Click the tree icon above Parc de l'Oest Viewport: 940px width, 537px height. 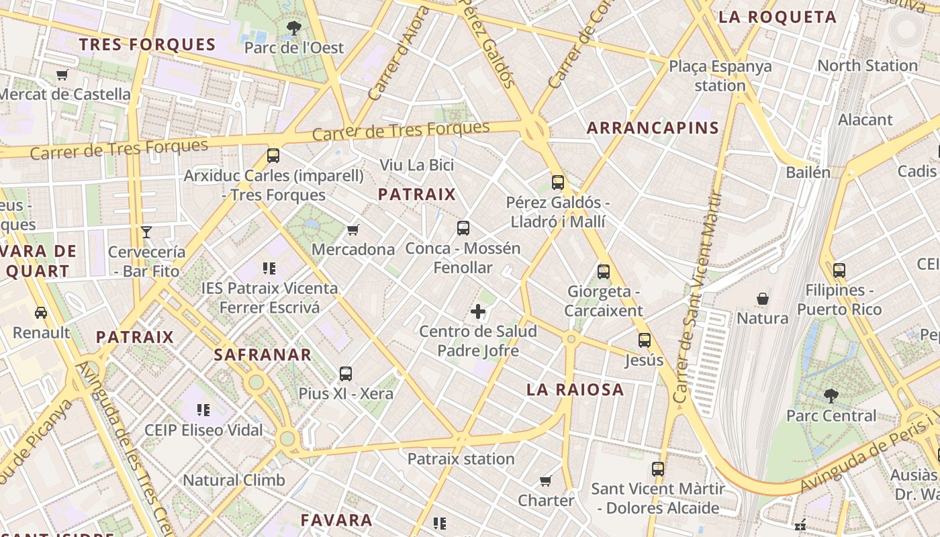coord(293,28)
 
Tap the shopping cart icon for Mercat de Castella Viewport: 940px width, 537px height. coord(62,75)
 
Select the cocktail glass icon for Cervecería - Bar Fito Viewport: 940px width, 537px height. coord(146,232)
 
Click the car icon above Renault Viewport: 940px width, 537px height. coord(41,313)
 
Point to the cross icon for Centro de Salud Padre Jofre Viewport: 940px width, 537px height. coord(478,311)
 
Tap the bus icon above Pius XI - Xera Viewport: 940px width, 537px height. coord(346,374)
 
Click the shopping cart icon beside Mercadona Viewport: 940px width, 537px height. coord(353,230)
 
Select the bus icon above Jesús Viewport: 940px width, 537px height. coord(645,340)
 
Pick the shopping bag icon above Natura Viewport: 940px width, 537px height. coord(763,298)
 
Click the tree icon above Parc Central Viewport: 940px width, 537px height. coord(831,396)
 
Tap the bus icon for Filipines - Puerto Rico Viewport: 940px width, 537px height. coord(839,271)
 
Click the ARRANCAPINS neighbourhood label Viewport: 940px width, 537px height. coord(653,128)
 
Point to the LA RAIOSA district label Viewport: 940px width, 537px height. coord(575,389)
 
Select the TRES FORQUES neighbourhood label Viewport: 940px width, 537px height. coord(147,45)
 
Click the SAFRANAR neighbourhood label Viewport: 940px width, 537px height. coord(263,354)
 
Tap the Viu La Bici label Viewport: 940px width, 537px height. coord(417,165)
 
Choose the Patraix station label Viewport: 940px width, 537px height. coord(461,459)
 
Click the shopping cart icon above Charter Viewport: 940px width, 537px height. coord(546,481)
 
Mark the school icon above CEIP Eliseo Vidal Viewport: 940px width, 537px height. coord(203,409)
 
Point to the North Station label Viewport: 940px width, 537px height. coord(867,66)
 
